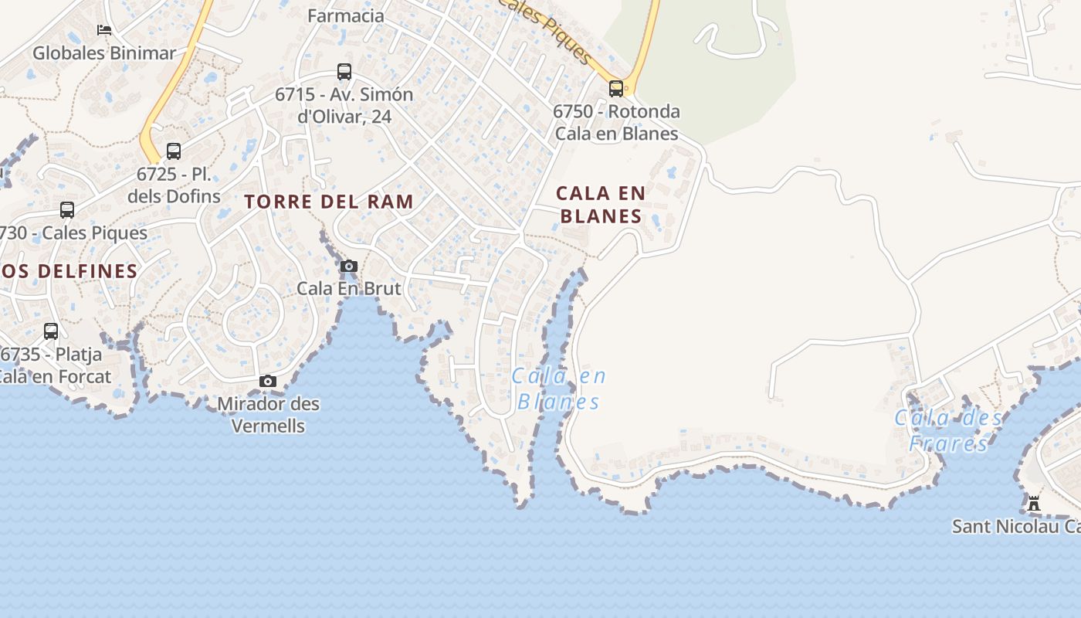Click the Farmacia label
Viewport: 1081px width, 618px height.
click(x=345, y=15)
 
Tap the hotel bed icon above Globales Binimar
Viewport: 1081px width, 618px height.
click(x=104, y=30)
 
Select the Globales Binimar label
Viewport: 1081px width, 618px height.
click(x=104, y=53)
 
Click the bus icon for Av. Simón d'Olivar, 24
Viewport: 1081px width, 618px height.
click(x=344, y=72)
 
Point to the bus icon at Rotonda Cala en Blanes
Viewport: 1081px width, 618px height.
click(x=615, y=88)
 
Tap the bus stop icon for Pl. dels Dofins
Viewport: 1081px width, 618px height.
click(x=174, y=151)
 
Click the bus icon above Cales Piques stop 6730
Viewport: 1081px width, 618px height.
click(x=67, y=210)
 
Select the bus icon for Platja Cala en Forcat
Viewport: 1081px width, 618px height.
click(x=51, y=331)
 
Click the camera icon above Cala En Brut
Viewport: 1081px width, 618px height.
click(x=349, y=267)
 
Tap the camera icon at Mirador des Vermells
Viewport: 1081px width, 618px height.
click(x=268, y=382)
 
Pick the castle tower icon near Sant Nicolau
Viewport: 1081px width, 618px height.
click(x=1034, y=504)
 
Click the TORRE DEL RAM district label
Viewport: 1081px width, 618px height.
click(x=329, y=202)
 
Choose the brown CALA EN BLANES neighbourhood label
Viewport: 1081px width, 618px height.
click(x=601, y=205)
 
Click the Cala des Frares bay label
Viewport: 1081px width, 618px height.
click(x=948, y=430)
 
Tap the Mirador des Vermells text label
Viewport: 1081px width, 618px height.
click(x=268, y=415)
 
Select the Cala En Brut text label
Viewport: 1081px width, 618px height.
click(x=349, y=289)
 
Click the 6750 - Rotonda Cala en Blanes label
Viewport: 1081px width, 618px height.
click(x=616, y=122)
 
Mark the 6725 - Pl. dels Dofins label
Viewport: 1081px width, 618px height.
click(x=174, y=185)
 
